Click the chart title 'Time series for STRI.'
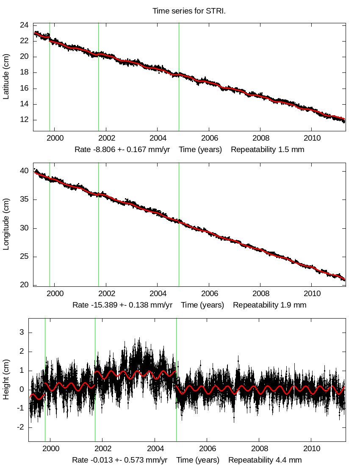189,11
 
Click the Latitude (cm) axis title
6,77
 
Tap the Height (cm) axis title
6,380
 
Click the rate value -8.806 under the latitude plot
100,150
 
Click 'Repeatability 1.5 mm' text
267,150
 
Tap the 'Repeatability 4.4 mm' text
265,460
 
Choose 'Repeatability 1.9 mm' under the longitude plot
269,305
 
